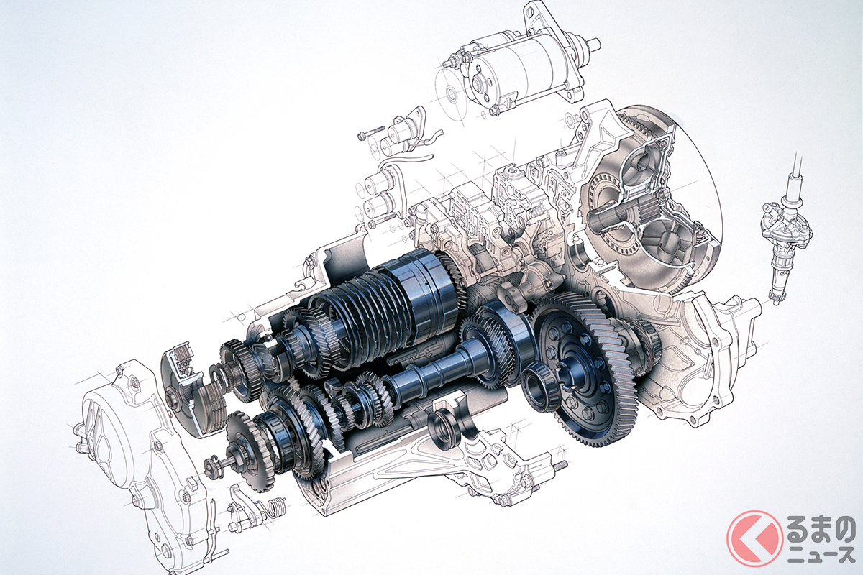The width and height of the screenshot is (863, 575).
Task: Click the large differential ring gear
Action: [x=588, y=377]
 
